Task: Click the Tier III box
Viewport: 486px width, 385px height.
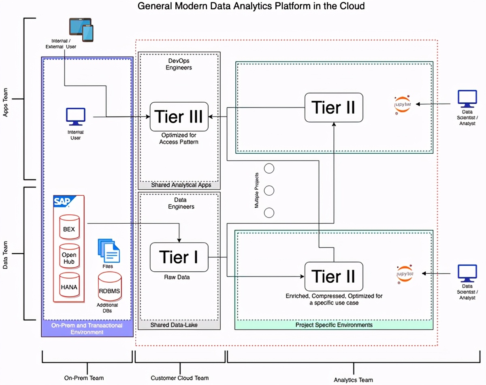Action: coord(179,116)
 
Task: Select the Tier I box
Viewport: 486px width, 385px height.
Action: coord(179,257)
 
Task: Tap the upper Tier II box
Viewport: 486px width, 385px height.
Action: coord(334,108)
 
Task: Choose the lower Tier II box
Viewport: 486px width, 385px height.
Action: coord(334,277)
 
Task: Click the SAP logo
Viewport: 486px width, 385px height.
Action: coord(62,201)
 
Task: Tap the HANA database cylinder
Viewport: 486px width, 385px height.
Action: coord(69,286)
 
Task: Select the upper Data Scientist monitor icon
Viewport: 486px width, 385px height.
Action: coord(467,99)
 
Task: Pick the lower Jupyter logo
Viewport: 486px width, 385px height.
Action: coord(405,274)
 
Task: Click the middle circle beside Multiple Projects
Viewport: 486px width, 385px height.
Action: coord(269,190)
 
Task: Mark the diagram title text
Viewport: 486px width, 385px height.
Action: coord(251,6)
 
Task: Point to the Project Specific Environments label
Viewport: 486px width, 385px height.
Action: coord(334,325)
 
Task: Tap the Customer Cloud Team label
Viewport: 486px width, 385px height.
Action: coord(180,378)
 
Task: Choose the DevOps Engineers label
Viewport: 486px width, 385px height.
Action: coord(179,64)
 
